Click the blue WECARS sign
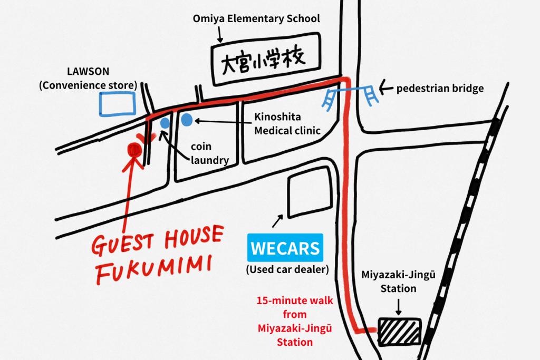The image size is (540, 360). (285, 248)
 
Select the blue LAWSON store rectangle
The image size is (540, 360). (117, 103)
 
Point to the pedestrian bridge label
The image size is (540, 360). (440, 88)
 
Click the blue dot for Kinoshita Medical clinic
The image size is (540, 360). (187, 121)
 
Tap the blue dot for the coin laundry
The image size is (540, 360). (165, 123)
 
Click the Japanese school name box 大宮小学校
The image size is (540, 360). (267, 58)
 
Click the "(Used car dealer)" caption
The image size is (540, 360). (287, 270)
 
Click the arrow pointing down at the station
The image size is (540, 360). (398, 306)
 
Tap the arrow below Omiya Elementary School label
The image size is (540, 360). (220, 34)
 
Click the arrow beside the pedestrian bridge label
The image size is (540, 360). (384, 86)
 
